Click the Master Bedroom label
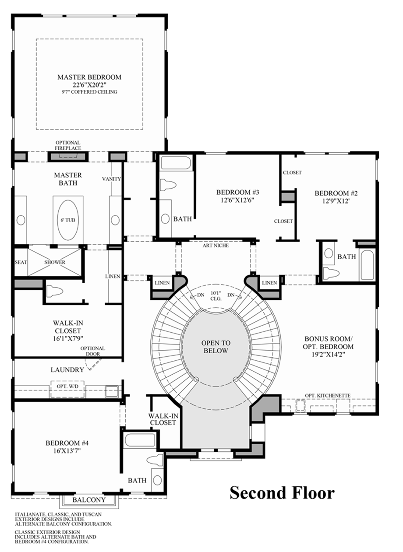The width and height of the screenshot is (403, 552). (x=89, y=77)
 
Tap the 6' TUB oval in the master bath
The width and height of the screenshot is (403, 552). (x=68, y=220)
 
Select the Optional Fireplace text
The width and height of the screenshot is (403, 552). (x=68, y=145)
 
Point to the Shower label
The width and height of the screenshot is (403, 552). (x=55, y=262)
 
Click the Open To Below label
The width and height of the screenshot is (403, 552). (x=216, y=347)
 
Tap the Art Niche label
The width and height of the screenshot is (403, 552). (x=216, y=246)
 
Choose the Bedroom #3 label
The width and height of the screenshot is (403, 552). (x=237, y=192)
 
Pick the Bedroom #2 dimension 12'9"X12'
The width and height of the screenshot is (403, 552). (x=336, y=201)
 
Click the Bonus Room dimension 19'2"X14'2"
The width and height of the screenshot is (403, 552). (x=328, y=355)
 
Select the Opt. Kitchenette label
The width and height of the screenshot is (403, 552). (x=328, y=396)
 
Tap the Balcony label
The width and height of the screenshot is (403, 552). (x=89, y=500)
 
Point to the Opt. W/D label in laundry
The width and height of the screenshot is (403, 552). (x=67, y=386)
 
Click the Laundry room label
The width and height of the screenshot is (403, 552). (x=67, y=369)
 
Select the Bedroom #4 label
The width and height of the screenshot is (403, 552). (x=67, y=443)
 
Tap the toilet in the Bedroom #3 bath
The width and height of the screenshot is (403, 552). (x=168, y=185)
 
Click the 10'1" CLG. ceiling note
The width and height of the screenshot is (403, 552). (x=216, y=296)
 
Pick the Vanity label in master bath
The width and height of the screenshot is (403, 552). (x=111, y=179)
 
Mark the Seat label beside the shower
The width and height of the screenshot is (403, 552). (x=21, y=262)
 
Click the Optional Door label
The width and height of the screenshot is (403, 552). (x=93, y=351)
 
